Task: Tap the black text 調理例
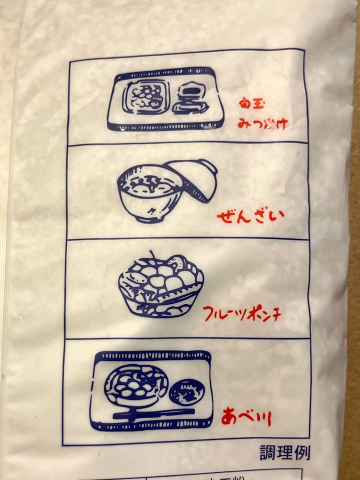[x=285, y=452]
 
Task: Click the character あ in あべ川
[x=229, y=416]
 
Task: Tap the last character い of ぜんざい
[x=276, y=214]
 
